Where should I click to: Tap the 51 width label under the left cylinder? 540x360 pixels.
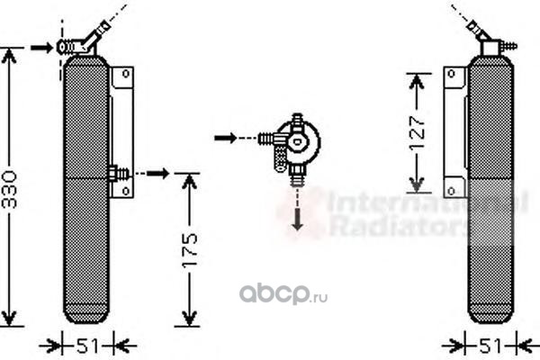coord(87,344)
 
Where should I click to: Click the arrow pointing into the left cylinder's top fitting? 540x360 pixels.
coord(41,46)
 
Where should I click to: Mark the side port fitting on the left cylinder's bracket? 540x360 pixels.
coord(114,172)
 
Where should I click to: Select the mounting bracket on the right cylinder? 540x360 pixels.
coord(454,126)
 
